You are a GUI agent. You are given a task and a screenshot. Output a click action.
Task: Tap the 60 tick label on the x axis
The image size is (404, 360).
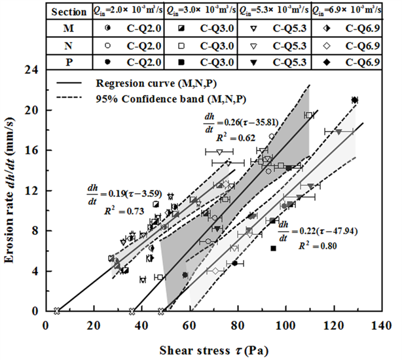pyautogui.click(x=188, y=325)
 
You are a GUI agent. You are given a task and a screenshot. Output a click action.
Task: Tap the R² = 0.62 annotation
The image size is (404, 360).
pyautogui.click(x=221, y=139)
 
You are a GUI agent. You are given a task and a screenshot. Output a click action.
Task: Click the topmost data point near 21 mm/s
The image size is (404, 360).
pyautogui.click(x=354, y=100)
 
